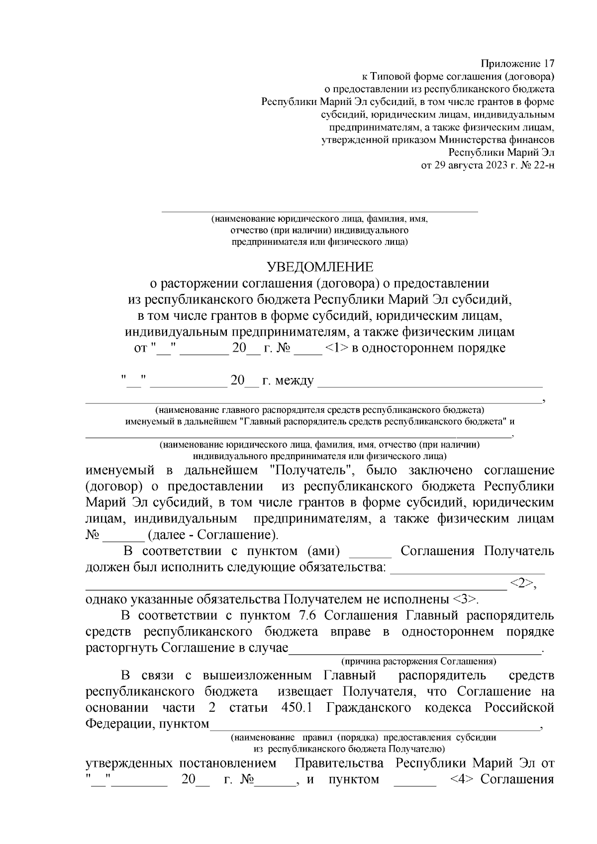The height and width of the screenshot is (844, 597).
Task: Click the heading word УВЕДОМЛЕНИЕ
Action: point(320,268)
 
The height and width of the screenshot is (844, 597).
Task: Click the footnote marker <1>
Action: point(336,348)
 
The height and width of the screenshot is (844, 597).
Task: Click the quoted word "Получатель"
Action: point(311,470)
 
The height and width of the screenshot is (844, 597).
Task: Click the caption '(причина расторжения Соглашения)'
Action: point(418,661)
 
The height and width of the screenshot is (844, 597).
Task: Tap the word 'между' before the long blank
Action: point(295,381)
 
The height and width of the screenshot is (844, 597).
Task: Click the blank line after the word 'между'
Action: point(430,384)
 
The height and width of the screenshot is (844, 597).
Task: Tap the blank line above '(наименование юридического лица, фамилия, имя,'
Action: point(319,211)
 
